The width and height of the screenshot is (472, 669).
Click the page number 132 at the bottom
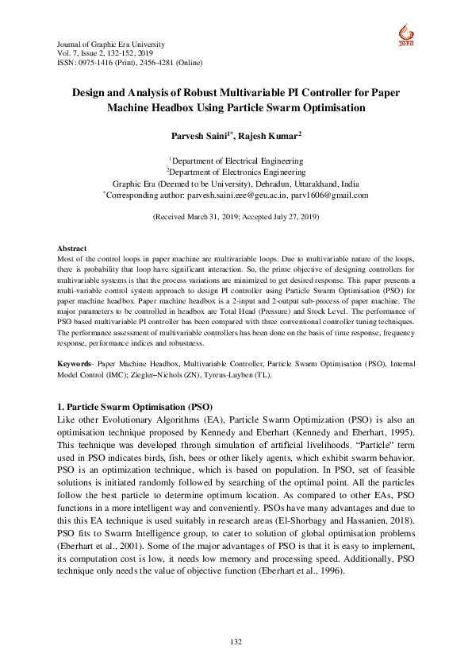(236, 641)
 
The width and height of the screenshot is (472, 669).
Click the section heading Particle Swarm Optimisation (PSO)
(136, 406)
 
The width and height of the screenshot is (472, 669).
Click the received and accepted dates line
(236, 216)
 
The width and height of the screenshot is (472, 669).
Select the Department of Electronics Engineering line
(236, 171)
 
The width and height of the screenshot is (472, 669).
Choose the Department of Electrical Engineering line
(236, 160)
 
